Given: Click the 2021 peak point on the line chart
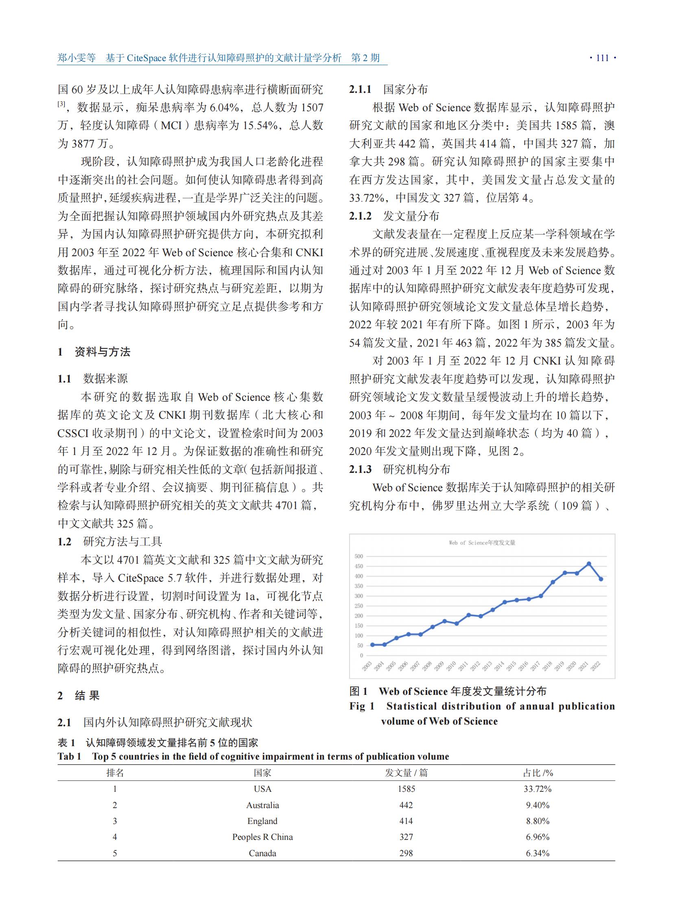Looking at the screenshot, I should coord(589,564).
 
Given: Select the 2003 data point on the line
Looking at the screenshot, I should coord(372,645).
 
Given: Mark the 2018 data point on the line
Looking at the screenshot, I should coord(553,582).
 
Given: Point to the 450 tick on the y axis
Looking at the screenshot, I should coord(358,566).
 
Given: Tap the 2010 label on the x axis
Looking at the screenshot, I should coord(451,666).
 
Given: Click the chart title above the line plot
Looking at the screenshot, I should coord(482,543).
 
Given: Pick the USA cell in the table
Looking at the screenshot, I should coord(262,789).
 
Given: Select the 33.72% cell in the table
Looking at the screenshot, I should coord(538,789).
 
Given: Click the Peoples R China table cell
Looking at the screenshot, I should coord(262,837).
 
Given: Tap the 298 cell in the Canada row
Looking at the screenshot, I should coord(406,853).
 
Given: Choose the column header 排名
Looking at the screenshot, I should coord(115,773).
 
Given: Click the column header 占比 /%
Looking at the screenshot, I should coord(538,773).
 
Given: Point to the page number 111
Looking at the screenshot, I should coord(603,58).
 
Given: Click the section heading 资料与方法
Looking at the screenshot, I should coord(102,352).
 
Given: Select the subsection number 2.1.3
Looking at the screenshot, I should coord(360,470).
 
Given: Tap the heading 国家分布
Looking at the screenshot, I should coord(405,89).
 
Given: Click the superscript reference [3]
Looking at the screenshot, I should coord(61,104).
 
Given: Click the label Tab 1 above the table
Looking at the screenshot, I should coord(69,756).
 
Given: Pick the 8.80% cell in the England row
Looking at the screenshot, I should coord(538,821).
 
